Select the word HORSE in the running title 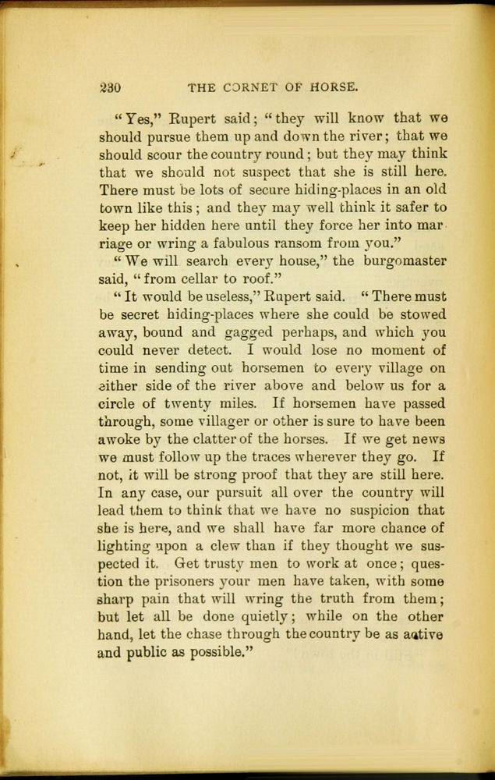click(x=328, y=86)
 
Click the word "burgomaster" click(x=401, y=261)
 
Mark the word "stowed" click(x=422, y=314)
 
